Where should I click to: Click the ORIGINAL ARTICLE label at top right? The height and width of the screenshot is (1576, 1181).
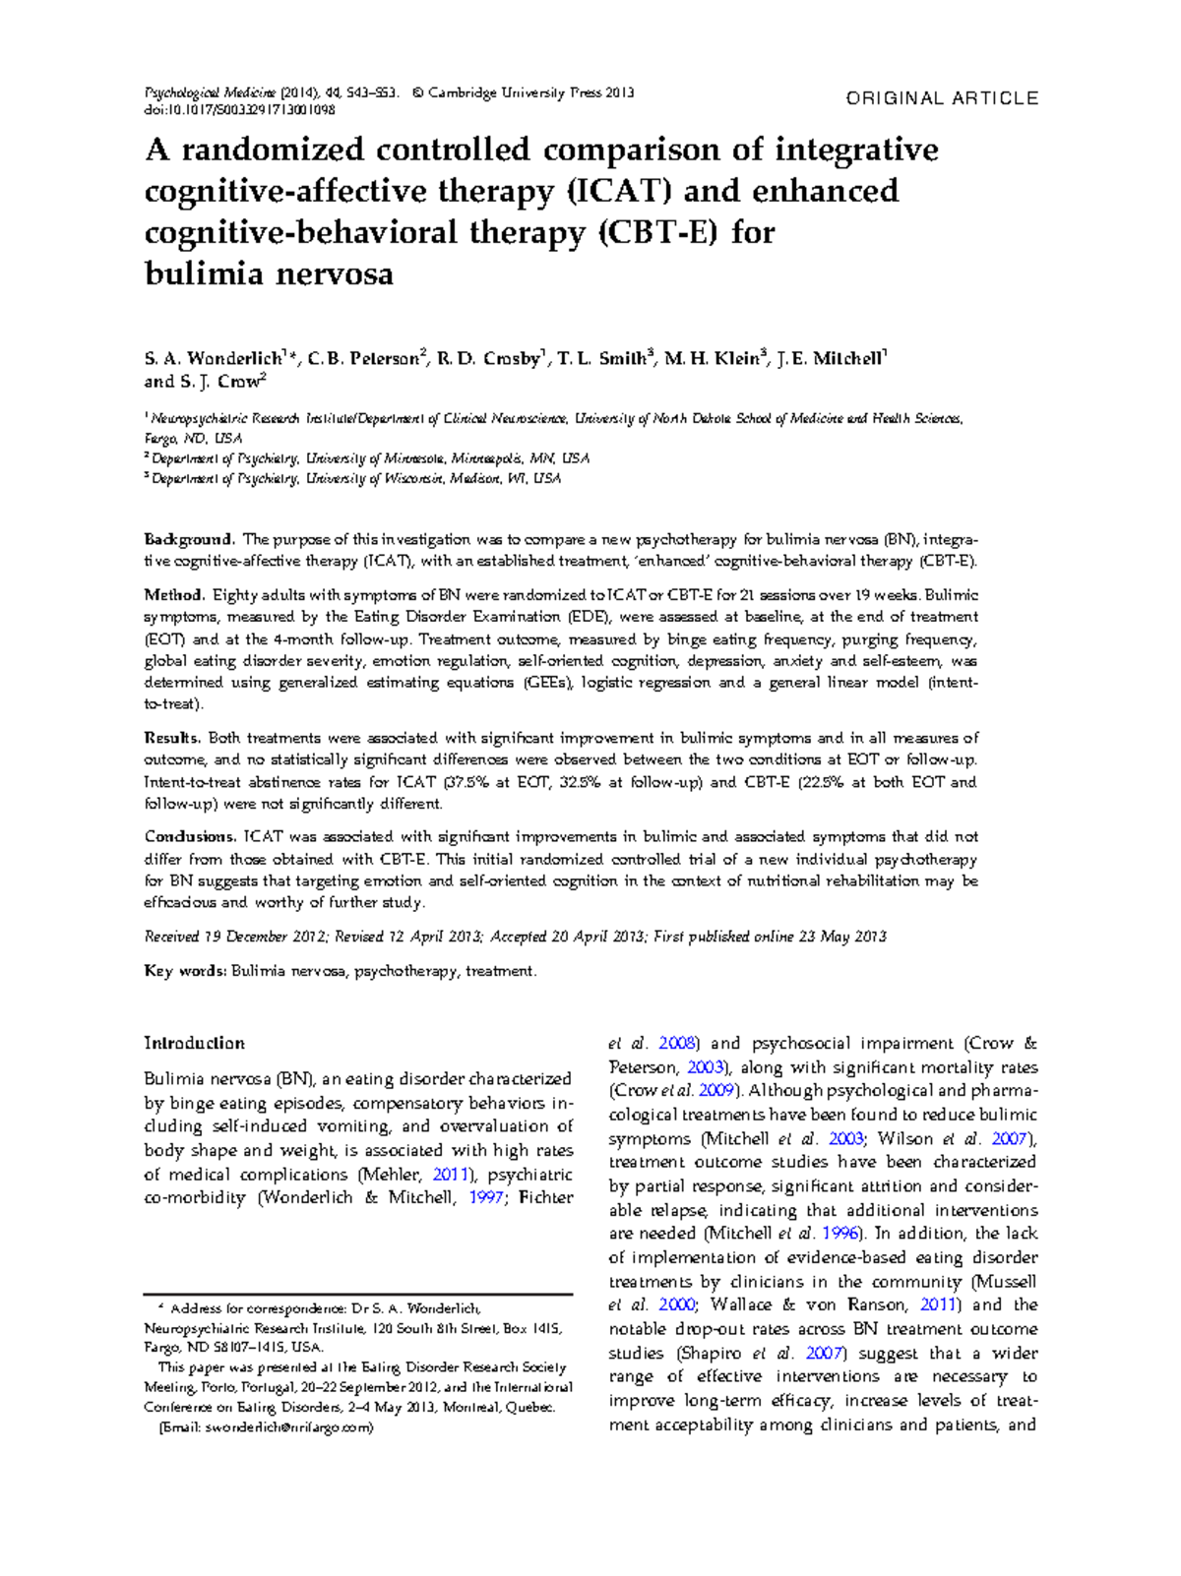click(x=942, y=98)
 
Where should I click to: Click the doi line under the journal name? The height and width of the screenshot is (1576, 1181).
click(x=240, y=110)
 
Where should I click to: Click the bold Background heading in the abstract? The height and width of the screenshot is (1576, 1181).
click(x=188, y=539)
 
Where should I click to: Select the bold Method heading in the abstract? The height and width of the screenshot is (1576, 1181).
click(x=173, y=595)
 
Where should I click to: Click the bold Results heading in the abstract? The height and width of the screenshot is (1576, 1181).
click(x=172, y=738)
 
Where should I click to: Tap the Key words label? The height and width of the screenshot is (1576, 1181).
click(x=185, y=971)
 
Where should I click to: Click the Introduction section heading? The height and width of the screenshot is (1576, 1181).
click(x=195, y=1043)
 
